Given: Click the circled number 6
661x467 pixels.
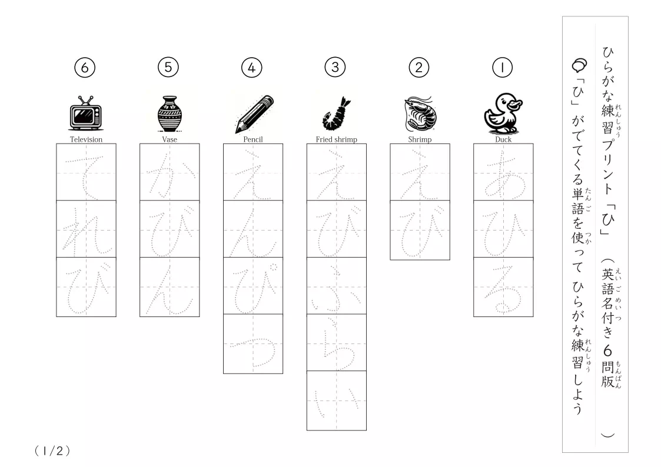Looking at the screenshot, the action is pos(85,68).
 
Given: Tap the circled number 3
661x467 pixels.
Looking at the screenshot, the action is pos(335,67).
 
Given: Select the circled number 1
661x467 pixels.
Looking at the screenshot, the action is pos(502,68).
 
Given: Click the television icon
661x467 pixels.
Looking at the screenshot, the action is pos(85,114).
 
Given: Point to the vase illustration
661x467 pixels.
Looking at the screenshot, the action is pos(170,114).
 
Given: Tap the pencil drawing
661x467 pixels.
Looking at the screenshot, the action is pos(254,114).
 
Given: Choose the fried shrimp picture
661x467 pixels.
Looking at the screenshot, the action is pos(337,114).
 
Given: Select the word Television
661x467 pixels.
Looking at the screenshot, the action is pos(86,139).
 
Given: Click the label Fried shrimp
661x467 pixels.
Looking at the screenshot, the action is pos(337,139).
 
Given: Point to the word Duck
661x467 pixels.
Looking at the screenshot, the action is pos(503,139).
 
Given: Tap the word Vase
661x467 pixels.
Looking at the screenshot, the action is pos(170,139).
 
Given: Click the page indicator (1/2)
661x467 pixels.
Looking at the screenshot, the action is pos(52,451).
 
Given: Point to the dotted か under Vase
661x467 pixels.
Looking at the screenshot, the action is pos(170,176).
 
